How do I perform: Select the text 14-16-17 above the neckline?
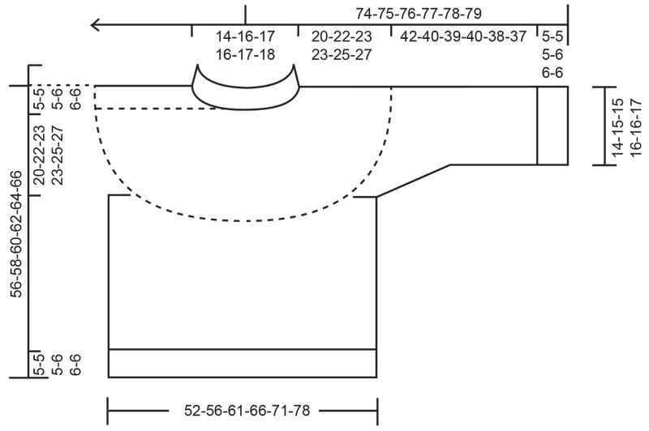point(245,37)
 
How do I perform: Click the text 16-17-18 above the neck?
point(245,54)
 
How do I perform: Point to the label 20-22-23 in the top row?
point(342,37)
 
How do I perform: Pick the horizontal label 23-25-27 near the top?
point(342,54)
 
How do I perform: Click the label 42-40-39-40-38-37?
point(463,37)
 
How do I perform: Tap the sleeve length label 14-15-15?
point(617,126)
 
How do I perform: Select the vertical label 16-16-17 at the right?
point(634,126)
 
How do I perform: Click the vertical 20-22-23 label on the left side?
point(38,156)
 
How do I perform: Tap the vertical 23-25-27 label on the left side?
point(56,156)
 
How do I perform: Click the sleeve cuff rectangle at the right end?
point(552,125)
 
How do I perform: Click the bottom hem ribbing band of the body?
point(243,363)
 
